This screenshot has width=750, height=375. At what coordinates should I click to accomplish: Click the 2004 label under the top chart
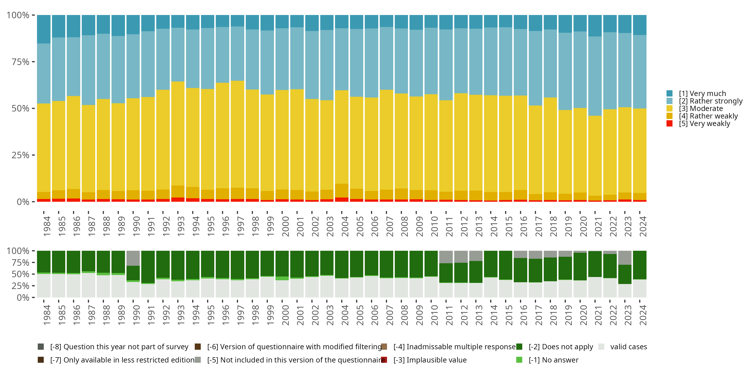coord(345,226)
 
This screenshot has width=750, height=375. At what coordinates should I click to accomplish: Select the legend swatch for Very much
coord(669,93)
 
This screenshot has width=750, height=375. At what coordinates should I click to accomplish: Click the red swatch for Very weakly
coord(669,123)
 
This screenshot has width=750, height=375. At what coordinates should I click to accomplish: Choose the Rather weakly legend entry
coord(708,116)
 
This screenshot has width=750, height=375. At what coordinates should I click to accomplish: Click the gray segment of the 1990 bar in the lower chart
coord(133,258)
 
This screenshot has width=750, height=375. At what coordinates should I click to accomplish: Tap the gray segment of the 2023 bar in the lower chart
coord(625,257)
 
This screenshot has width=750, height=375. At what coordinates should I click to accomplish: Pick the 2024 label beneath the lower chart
coord(643,315)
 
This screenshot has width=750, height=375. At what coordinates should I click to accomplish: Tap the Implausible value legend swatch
coord(384,360)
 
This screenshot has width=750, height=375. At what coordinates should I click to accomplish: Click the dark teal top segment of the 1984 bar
coord(44,29)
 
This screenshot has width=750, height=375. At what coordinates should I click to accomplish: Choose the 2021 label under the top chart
coord(598,226)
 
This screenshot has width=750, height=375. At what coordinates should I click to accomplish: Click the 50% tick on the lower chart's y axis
coord(20,274)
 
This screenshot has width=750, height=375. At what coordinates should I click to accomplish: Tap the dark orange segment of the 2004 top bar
coord(342,190)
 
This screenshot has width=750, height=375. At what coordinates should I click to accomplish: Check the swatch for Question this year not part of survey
coord(41,347)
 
